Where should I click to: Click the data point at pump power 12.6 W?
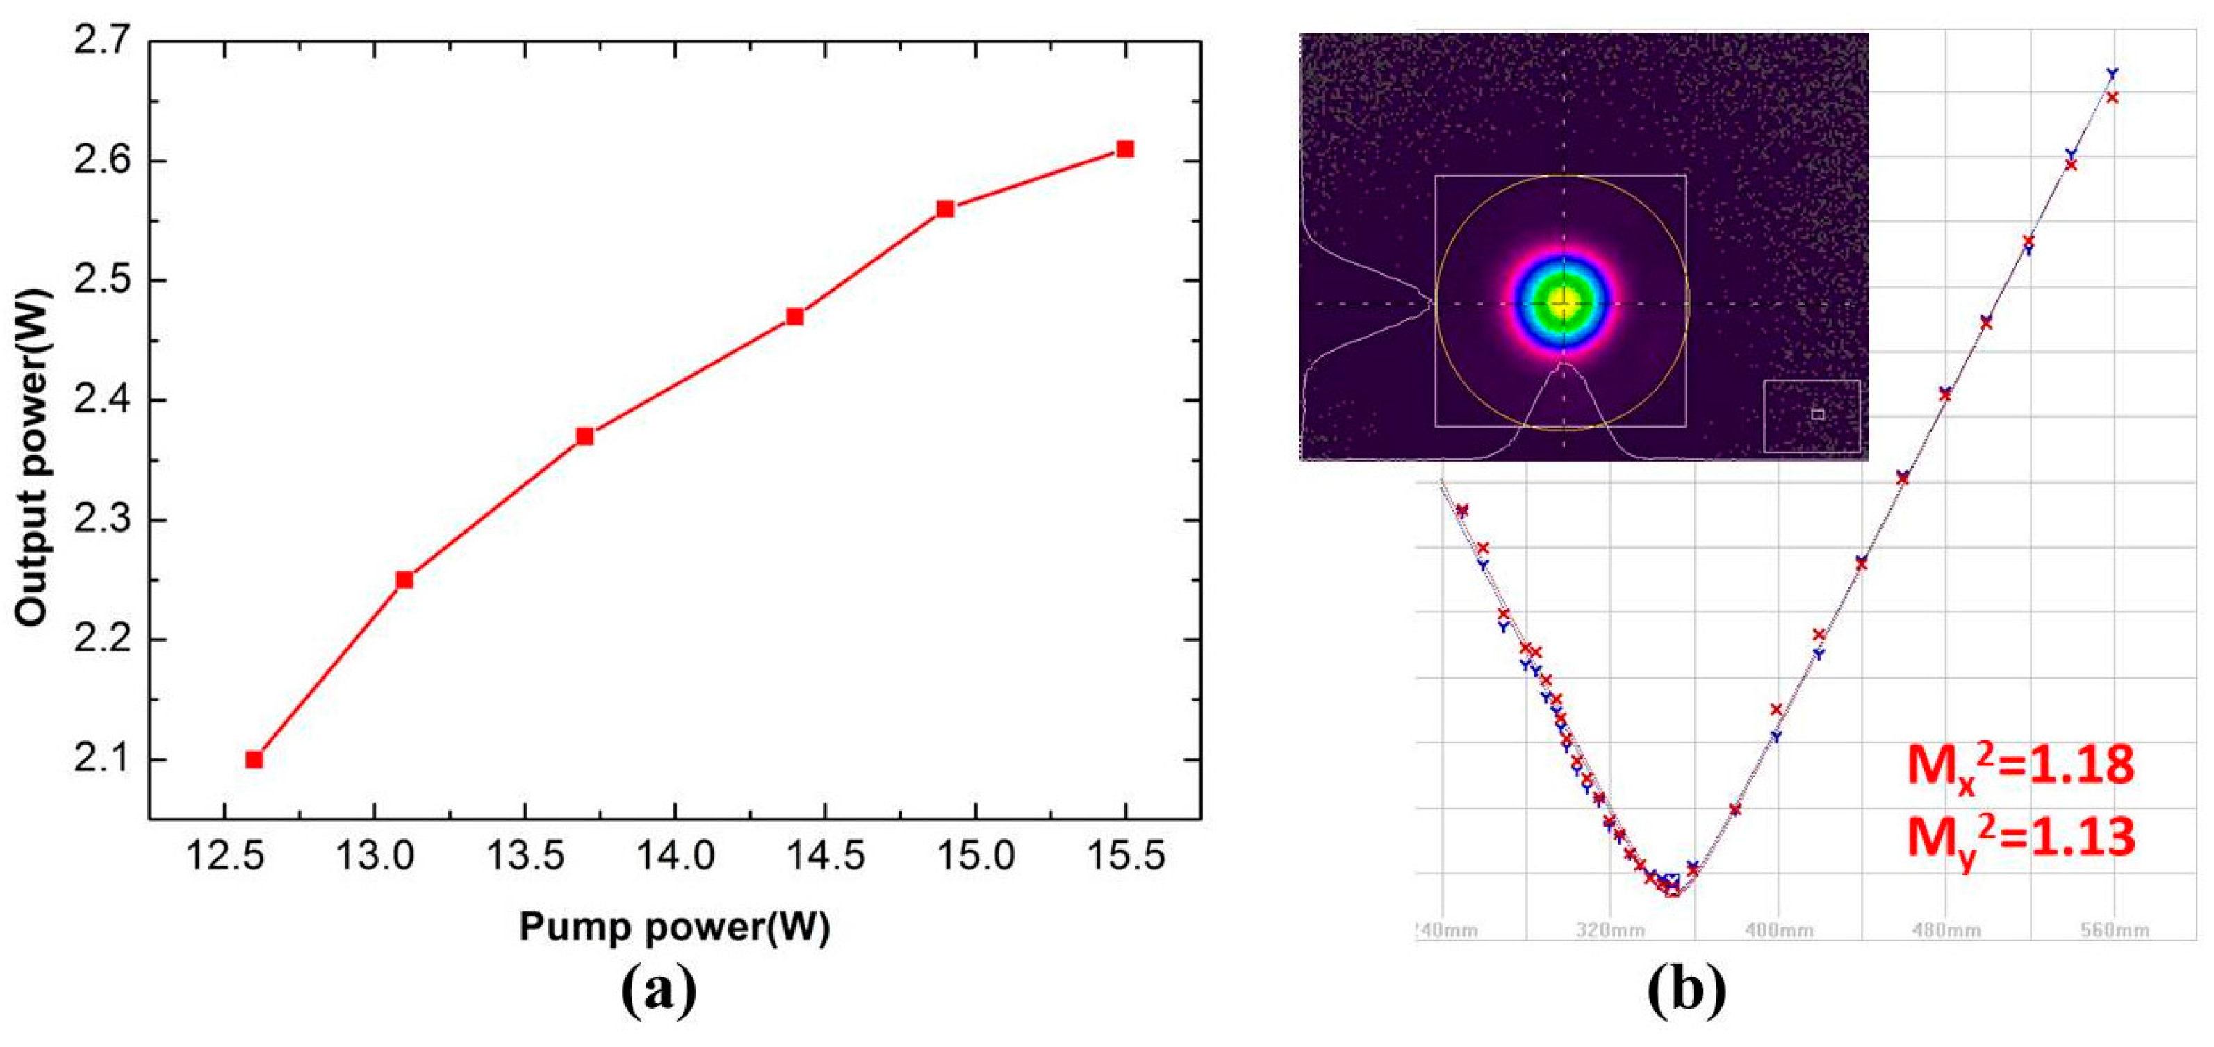point(254,759)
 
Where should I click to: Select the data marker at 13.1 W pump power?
point(404,579)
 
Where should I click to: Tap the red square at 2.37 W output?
point(584,436)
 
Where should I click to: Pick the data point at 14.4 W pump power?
point(795,316)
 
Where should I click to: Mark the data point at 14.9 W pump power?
point(945,209)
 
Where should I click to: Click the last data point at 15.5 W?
point(1125,149)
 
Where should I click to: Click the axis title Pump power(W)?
point(675,927)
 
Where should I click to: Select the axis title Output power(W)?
point(32,455)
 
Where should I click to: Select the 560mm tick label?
point(2113,931)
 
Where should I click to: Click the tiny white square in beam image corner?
point(1817,414)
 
